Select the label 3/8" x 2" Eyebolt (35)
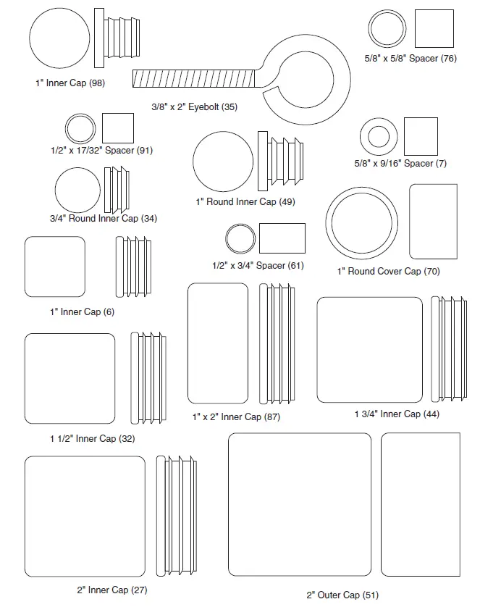point(194,106)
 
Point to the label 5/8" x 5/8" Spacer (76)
point(410,58)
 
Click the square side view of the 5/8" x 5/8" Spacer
point(434,30)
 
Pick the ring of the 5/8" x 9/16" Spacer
point(379,136)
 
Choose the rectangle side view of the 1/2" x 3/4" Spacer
point(282,238)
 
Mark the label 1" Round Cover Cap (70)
point(388,271)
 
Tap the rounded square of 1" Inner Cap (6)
point(54,267)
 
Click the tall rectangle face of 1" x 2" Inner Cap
point(218,343)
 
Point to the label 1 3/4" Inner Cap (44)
point(396,414)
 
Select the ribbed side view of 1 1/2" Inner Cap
point(149,378)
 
